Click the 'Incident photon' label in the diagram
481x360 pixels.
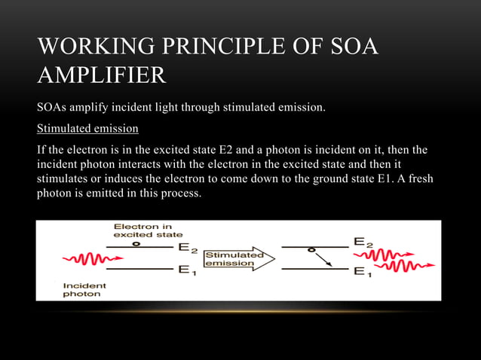coord(84,290)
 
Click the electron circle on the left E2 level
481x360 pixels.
coord(135,243)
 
